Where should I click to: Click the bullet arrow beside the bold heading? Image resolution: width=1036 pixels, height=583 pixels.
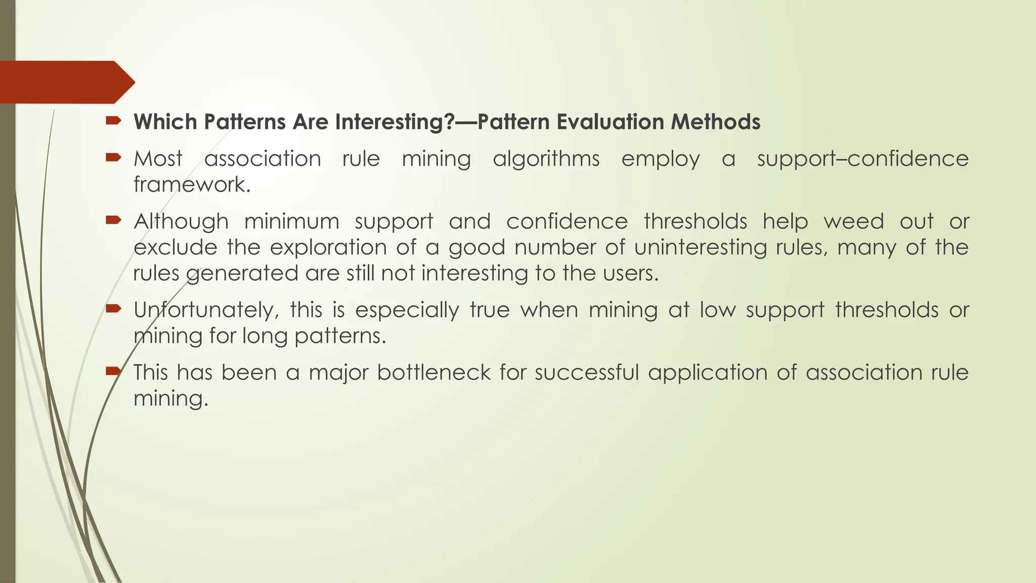(x=113, y=120)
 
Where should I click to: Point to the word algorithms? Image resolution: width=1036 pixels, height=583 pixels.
(x=546, y=159)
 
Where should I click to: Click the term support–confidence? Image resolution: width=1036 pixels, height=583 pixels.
(x=862, y=159)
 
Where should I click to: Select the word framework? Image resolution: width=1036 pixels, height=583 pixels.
(x=192, y=185)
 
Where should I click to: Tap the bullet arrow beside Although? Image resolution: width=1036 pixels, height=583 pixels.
(x=113, y=220)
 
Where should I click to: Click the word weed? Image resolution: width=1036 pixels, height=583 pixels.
(x=853, y=222)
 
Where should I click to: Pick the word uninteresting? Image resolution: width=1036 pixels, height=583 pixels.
(x=700, y=247)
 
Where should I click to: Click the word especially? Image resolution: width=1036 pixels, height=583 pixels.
(x=407, y=310)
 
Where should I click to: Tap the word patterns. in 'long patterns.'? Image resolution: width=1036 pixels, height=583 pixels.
(x=340, y=336)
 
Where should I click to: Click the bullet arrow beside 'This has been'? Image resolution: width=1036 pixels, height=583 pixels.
(x=113, y=371)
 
